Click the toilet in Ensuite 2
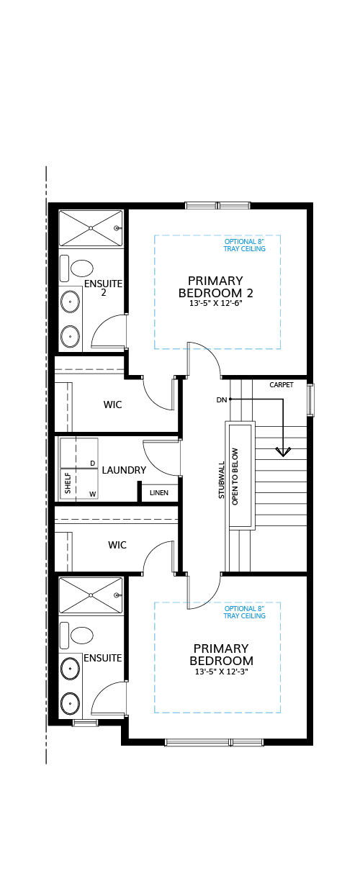[77, 268]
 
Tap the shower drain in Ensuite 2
[91, 228]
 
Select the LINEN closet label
[159, 493]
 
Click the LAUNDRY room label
[124, 470]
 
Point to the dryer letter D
[92, 464]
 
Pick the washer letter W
[92, 494]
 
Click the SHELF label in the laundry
[68, 484]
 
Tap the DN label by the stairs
[222, 400]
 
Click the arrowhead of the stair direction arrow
[283, 452]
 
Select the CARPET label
[282, 384]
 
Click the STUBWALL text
[222, 480]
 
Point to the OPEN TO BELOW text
[235, 476]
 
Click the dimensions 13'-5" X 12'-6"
[215, 303]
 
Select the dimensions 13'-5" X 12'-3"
[221, 672]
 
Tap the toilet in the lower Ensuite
[77, 635]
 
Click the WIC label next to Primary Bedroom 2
[112, 405]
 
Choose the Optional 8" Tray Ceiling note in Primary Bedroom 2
[245, 245]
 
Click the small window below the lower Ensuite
[86, 722]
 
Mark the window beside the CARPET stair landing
[310, 399]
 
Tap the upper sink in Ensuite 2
[71, 302]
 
